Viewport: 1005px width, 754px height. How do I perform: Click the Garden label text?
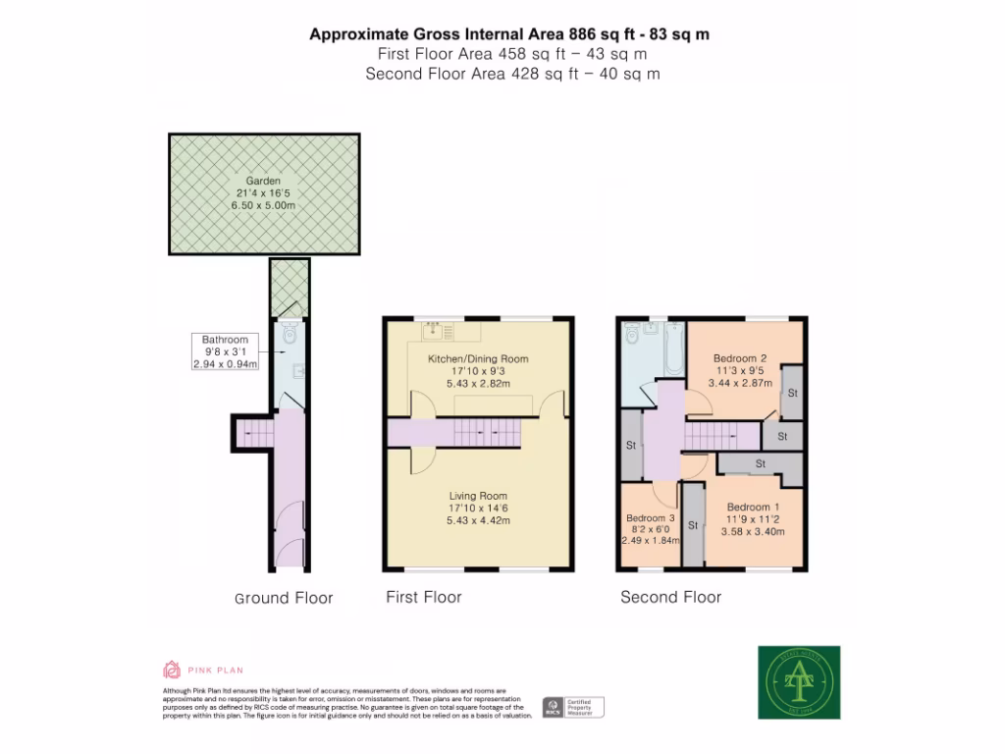(x=263, y=182)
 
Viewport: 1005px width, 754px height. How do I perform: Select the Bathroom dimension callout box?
(x=226, y=352)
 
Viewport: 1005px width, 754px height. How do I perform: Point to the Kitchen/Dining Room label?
(x=478, y=359)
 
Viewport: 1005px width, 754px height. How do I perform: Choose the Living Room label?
(x=478, y=496)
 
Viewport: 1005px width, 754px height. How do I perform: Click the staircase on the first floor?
(x=485, y=430)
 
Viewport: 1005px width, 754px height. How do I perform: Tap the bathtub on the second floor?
(x=672, y=350)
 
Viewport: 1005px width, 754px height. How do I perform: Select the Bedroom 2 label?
(x=740, y=358)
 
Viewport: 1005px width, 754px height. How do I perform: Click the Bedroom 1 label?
(x=754, y=507)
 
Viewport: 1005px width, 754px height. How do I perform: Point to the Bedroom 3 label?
(x=651, y=518)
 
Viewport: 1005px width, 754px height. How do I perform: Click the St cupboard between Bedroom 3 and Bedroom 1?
(x=692, y=526)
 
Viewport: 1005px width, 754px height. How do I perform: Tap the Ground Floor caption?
(x=285, y=598)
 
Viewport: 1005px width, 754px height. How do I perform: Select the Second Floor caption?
(x=670, y=597)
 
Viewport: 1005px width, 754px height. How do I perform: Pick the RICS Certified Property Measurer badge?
(x=575, y=707)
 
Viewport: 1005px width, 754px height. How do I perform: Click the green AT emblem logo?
(x=799, y=681)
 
